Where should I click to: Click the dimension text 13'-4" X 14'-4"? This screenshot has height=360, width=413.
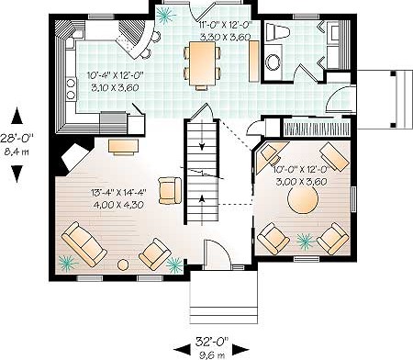(x=118, y=193)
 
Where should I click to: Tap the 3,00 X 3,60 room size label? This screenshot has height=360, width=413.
(x=301, y=182)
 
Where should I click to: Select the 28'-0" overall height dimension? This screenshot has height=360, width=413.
(x=17, y=138)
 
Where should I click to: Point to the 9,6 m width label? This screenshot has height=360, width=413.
(x=212, y=355)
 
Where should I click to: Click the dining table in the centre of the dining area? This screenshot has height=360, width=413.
(x=202, y=63)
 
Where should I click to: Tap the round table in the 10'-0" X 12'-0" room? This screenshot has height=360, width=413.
(x=303, y=198)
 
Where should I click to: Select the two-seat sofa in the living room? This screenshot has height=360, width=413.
(x=84, y=244)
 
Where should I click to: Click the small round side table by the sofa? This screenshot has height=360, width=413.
(x=123, y=264)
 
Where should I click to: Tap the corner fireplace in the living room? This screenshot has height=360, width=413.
(x=74, y=158)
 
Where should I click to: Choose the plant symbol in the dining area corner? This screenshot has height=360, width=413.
(x=166, y=15)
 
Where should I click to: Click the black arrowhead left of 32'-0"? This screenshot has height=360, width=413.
(x=183, y=350)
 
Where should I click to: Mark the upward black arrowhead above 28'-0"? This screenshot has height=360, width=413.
(x=17, y=116)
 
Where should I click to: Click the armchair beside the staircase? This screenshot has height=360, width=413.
(x=170, y=190)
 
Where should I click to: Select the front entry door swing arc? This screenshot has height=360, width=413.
(x=220, y=251)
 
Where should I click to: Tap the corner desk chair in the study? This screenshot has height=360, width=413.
(x=270, y=153)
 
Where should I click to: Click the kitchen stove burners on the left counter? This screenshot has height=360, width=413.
(x=71, y=89)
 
